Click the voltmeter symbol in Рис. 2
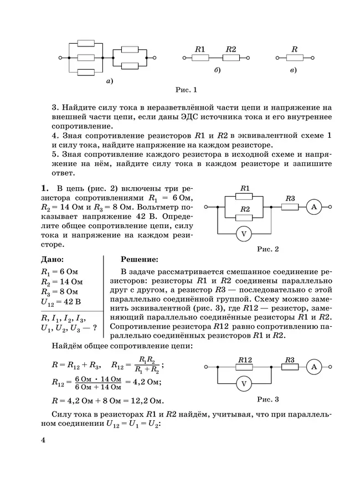click(242, 234)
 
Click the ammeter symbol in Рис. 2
click(313, 207)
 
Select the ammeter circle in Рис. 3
click(313, 367)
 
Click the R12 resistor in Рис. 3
click(245, 367)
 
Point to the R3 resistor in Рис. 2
click(290, 207)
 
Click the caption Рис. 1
click(186, 89)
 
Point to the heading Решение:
click(139, 259)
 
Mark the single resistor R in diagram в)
click(295, 56)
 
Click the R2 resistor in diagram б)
click(230, 56)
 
